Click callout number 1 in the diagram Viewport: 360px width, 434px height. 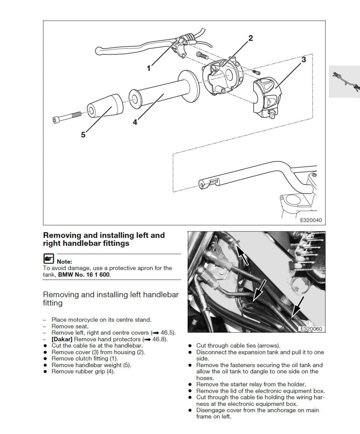coord(148,68)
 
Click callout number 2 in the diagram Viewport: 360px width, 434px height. coord(250,38)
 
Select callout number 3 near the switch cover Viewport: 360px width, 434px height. coord(304,60)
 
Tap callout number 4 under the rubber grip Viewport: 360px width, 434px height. coord(135,122)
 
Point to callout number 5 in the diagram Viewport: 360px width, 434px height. coord(83,135)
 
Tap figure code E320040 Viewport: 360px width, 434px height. coord(311,220)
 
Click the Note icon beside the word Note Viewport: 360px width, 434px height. coord(48,259)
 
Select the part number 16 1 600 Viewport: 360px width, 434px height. coord(95,275)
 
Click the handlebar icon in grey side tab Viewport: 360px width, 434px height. coord(346,82)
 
